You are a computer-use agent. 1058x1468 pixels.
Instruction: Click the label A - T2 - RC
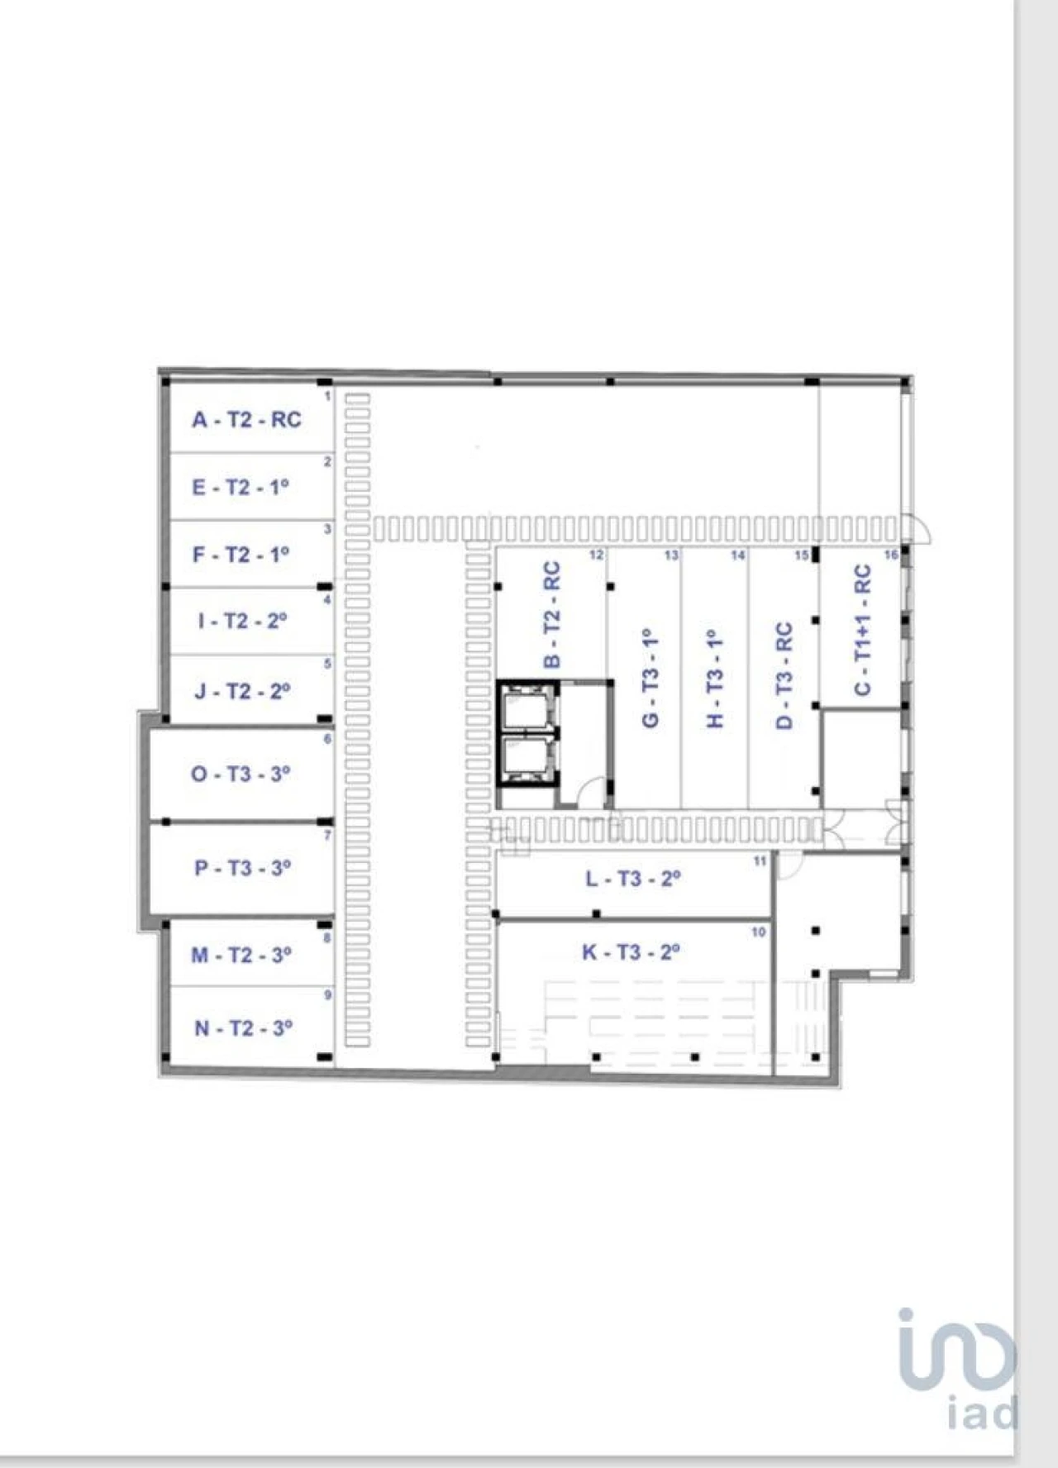tap(246, 420)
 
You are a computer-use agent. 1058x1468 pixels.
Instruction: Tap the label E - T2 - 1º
tap(241, 487)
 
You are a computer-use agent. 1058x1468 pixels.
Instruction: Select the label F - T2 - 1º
tap(241, 554)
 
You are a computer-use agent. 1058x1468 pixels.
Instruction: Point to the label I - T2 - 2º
tap(242, 621)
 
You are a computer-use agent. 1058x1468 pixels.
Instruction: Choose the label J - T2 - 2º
tap(242, 691)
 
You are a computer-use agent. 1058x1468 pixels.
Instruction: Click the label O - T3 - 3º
tap(241, 775)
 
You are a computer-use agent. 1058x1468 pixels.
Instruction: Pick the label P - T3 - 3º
tap(243, 868)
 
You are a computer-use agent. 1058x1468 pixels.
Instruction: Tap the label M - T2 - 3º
tap(241, 955)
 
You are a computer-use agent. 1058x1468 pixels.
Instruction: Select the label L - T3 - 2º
tap(633, 879)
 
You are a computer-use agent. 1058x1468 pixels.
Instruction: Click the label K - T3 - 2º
tap(631, 952)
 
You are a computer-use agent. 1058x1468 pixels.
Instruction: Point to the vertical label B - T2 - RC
tap(552, 615)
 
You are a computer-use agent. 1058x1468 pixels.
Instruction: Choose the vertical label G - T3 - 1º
tap(651, 677)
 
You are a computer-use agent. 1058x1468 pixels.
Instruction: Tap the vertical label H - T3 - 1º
tap(716, 679)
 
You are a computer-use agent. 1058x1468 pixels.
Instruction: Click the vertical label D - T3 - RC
tap(784, 675)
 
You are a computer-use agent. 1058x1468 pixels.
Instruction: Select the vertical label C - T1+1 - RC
tap(862, 630)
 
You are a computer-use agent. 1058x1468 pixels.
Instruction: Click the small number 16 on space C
tap(890, 555)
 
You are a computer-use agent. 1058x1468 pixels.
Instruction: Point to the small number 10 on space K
tap(758, 932)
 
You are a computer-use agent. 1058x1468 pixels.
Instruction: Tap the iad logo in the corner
tap(959, 1368)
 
